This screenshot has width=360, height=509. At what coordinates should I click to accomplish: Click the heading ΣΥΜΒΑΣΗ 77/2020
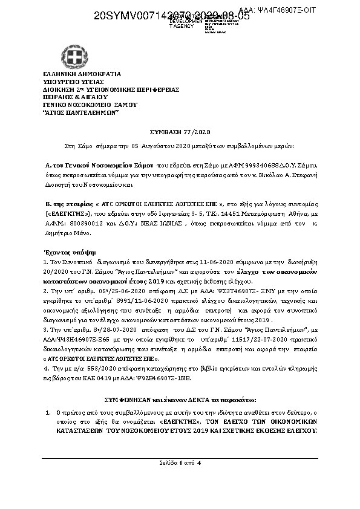tap(179, 131)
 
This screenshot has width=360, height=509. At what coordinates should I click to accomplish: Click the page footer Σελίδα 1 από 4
tap(180, 463)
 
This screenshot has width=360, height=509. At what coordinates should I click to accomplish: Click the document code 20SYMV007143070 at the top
tap(139, 16)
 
